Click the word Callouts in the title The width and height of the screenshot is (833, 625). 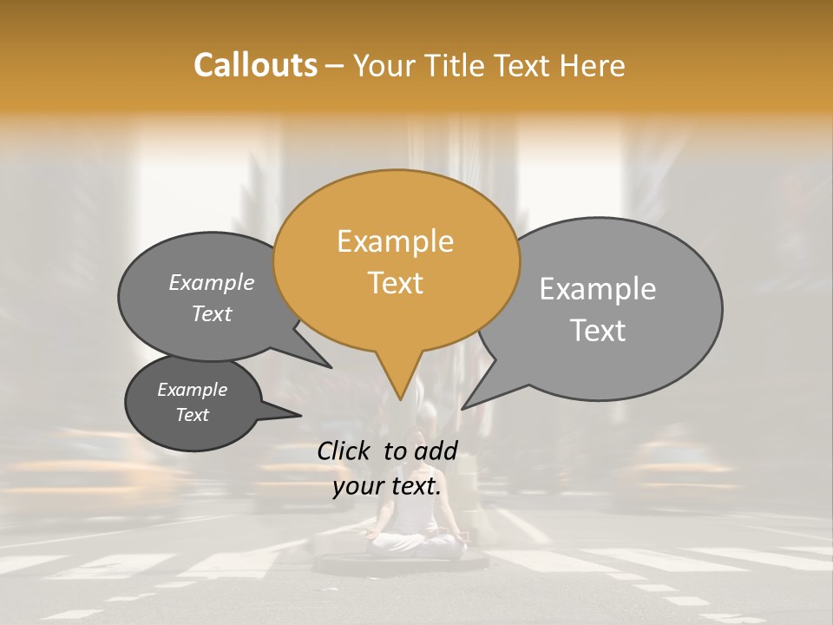pos(255,65)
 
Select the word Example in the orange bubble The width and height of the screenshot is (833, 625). pos(395,241)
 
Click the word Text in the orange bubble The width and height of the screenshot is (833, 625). pos(395,283)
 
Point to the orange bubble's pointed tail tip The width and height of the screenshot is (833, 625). pos(400,399)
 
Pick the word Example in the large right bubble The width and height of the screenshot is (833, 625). pos(597,289)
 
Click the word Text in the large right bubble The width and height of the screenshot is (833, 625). pos(597,331)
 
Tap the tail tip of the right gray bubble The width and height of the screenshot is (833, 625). pos(462,408)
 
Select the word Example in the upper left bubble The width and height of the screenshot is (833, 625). pos(211,283)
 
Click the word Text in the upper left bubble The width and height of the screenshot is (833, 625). pos(211,314)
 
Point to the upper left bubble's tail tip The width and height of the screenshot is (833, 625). pos(331,367)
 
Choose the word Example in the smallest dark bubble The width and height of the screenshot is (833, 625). pos(192,390)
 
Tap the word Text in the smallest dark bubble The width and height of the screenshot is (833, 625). pos(192,415)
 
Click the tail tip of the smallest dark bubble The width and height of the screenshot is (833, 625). pos(301,416)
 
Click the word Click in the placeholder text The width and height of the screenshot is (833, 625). pos(346,451)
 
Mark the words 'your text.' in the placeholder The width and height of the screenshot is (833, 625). pos(387,486)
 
